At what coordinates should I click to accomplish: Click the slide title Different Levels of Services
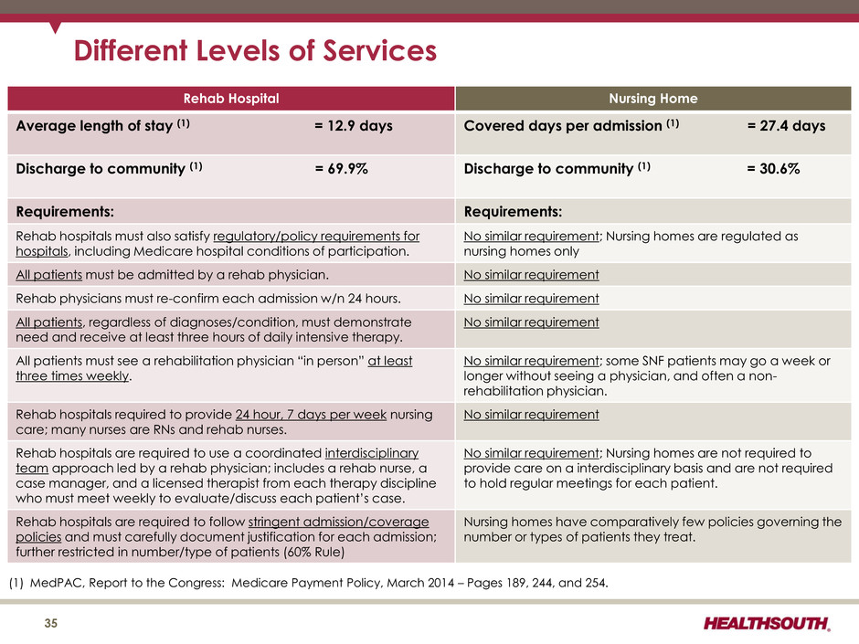pos(255,51)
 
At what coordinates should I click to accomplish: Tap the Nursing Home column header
pos(652,98)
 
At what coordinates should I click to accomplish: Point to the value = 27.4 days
pos(786,125)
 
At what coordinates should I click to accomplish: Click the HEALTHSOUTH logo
pos(768,625)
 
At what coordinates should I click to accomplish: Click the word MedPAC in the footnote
pos(57,584)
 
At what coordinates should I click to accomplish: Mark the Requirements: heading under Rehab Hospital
pos(66,210)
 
